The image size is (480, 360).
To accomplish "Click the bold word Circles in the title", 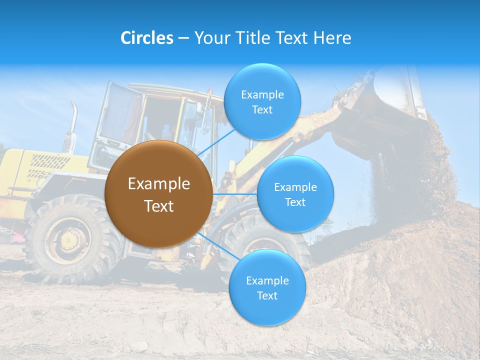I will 147,38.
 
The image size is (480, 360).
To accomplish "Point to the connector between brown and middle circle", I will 234,194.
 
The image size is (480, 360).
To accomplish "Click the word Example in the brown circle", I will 158,184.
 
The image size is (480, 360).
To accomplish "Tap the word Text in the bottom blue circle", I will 267,295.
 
